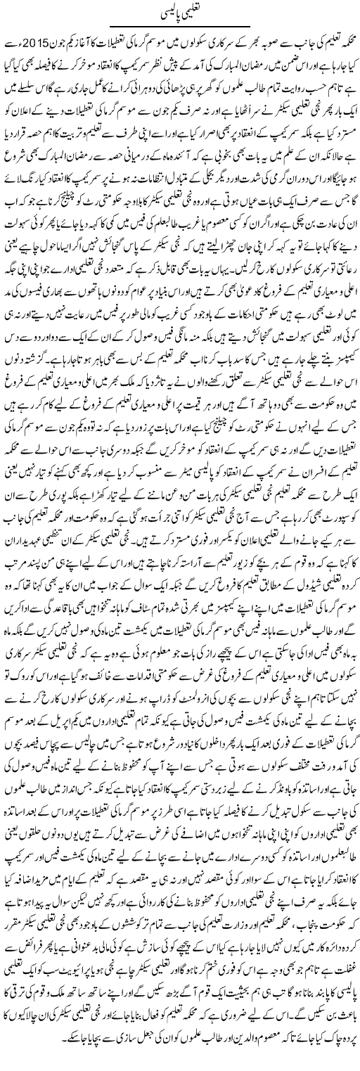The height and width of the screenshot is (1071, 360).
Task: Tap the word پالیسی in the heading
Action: point(165,12)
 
